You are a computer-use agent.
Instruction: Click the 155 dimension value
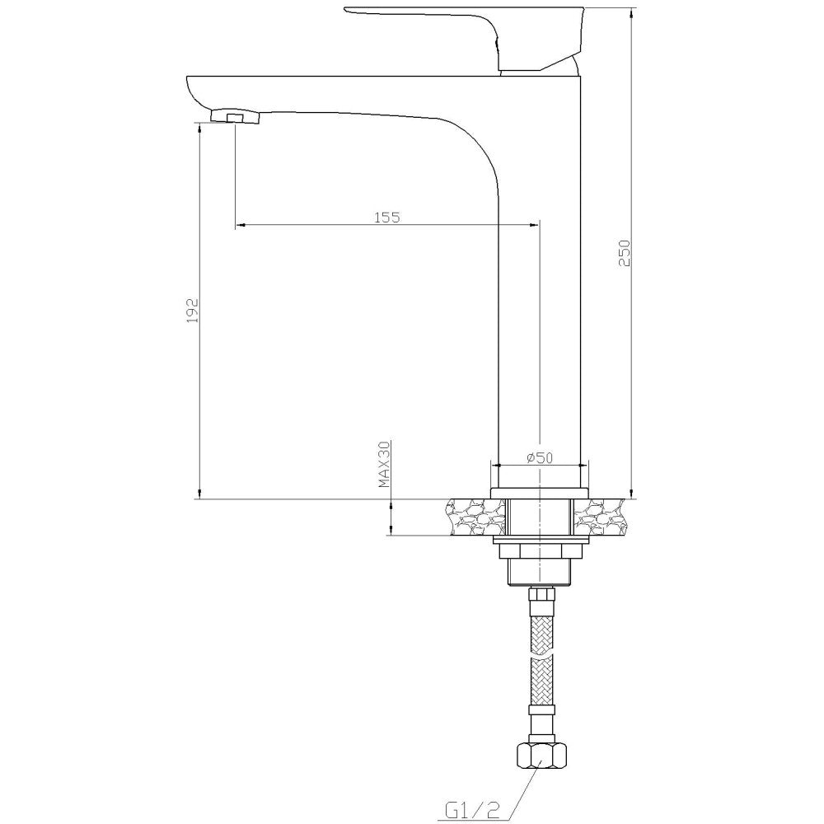coord(387,217)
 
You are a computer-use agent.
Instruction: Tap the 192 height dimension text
coord(193,311)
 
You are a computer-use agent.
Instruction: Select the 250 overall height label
coord(624,253)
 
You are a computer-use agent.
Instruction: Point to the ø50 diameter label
coord(540,457)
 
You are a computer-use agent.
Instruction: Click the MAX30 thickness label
coord(385,465)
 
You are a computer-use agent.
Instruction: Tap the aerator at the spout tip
coord(235,116)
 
